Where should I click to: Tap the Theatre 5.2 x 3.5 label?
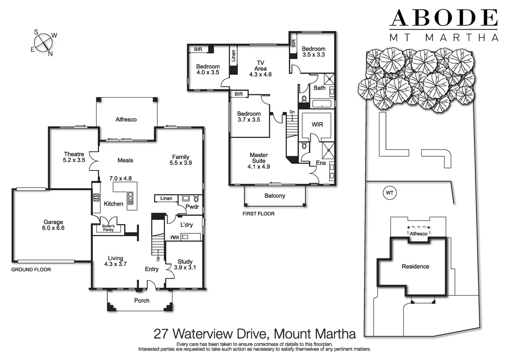coord(74,157)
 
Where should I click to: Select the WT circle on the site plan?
coord(390,193)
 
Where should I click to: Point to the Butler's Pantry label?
coord(108,228)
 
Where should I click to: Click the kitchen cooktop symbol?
coord(96,198)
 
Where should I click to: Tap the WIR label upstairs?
coord(317,124)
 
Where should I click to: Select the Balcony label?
coord(275,196)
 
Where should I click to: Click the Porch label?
coord(142,301)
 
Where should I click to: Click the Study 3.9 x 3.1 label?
coord(185,265)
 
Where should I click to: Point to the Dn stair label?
coord(292,112)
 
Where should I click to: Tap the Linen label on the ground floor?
coord(166,198)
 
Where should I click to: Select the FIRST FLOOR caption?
coord(259,214)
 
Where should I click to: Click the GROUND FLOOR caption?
coord(31,269)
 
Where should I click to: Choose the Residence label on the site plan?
coord(415,266)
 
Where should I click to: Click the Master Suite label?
coord(259,161)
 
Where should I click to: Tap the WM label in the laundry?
coord(175,237)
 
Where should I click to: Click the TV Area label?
coord(260,68)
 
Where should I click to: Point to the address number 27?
coord(161,334)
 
